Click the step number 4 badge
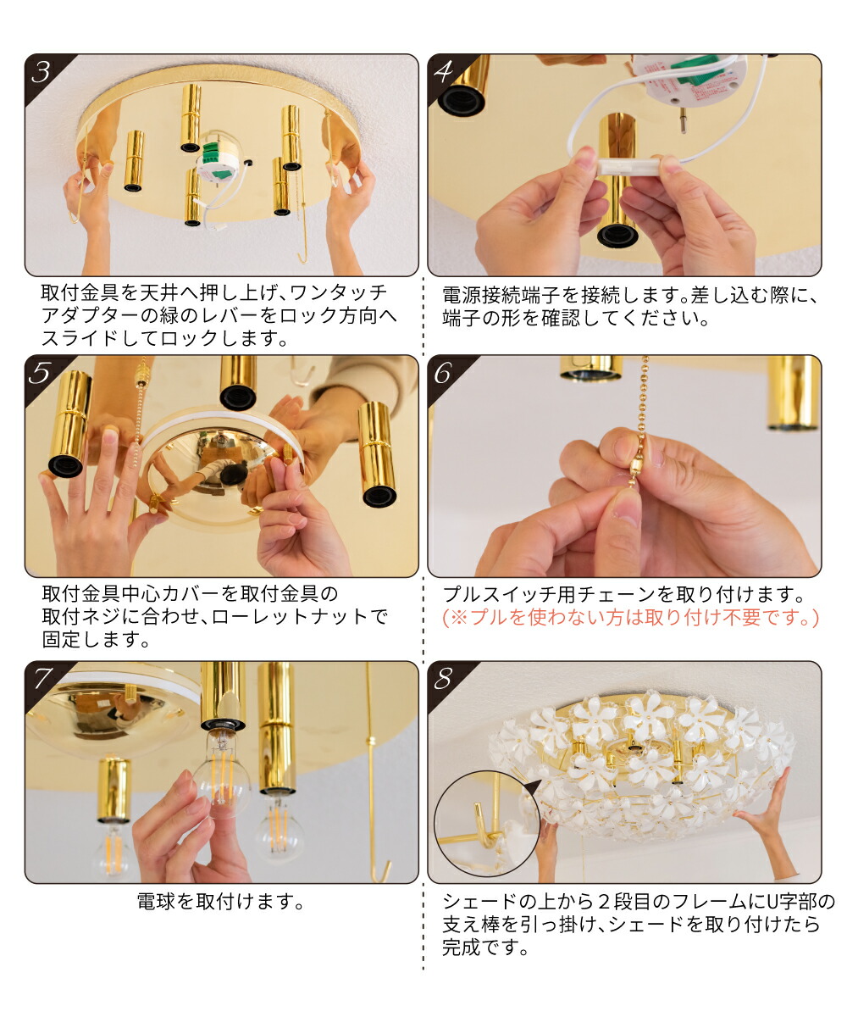pyautogui.click(x=445, y=72)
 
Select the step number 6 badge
pyautogui.click(x=445, y=372)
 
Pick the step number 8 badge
pyautogui.click(x=445, y=678)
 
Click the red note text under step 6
pyautogui.click(x=630, y=618)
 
